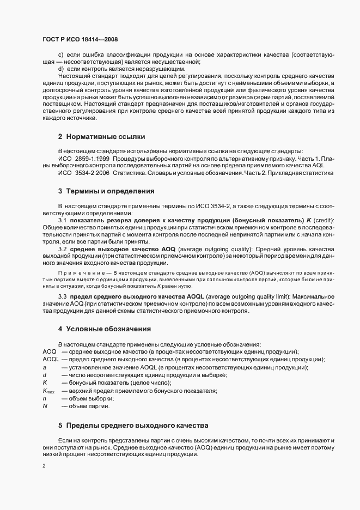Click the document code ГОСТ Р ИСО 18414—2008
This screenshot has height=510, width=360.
[80, 39]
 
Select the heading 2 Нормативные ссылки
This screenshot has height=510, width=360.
[101, 136]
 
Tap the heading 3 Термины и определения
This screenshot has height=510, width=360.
[107, 191]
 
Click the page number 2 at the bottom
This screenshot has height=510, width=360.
[44, 466]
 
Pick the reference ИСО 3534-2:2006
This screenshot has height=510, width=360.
[83, 172]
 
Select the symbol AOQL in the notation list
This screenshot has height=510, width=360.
[51, 360]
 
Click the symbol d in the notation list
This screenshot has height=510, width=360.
[44, 375]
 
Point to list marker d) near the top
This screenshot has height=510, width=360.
[61, 70]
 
